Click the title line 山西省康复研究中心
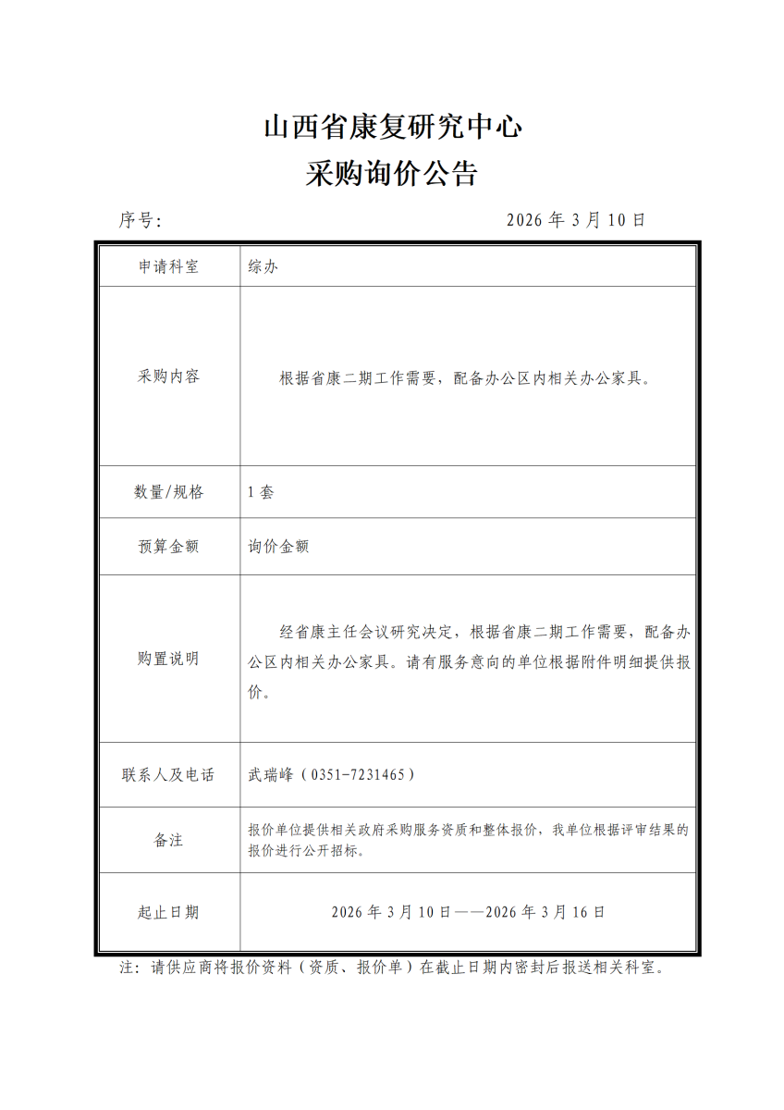pyautogui.click(x=392, y=128)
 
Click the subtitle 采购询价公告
pyautogui.click(x=392, y=174)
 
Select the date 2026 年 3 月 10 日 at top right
pyautogui.click(x=576, y=220)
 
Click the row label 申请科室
pyautogui.click(x=168, y=267)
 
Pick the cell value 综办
pyautogui.click(x=263, y=267)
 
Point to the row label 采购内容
pyautogui.click(x=168, y=376)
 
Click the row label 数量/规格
pyautogui.click(x=168, y=492)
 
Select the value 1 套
pyautogui.click(x=261, y=492)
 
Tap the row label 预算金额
pyautogui.click(x=168, y=547)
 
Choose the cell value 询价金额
pyautogui.click(x=278, y=547)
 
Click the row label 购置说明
pyautogui.click(x=168, y=659)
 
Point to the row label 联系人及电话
pyautogui.click(x=168, y=774)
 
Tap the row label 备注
pyautogui.click(x=168, y=840)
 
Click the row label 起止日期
pyautogui.click(x=168, y=912)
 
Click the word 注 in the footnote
pyautogui.click(x=129, y=968)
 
